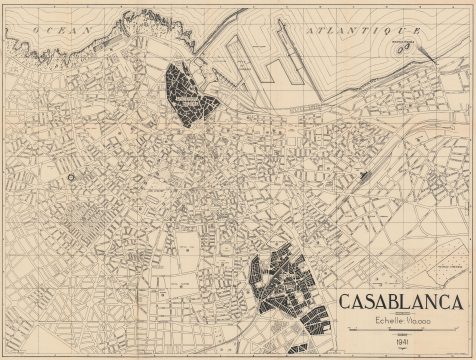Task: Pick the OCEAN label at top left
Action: click(x=48, y=31)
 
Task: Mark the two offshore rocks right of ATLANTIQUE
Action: click(x=409, y=46)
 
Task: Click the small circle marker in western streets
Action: click(x=72, y=177)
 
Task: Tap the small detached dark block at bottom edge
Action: click(x=298, y=350)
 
